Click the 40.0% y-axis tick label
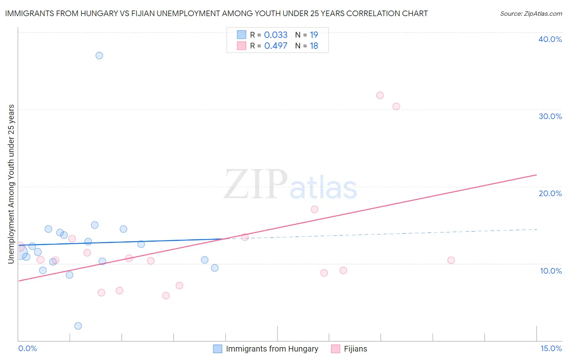click(550, 39)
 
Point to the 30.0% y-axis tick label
click(550, 116)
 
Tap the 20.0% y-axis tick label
click(550, 193)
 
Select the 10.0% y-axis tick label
click(551, 271)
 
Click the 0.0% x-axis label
click(27, 348)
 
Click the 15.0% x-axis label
click(551, 348)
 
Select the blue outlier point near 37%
click(99, 55)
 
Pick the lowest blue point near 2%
click(78, 326)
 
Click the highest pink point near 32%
click(380, 95)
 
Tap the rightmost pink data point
click(451, 260)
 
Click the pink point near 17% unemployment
click(315, 209)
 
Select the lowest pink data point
click(166, 295)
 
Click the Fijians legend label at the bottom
click(355, 349)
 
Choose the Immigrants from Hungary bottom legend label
click(272, 349)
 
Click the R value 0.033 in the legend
click(276, 35)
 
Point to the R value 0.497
click(276, 46)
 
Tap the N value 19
click(314, 35)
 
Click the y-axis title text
click(11, 184)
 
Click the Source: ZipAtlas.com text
click(531, 14)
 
